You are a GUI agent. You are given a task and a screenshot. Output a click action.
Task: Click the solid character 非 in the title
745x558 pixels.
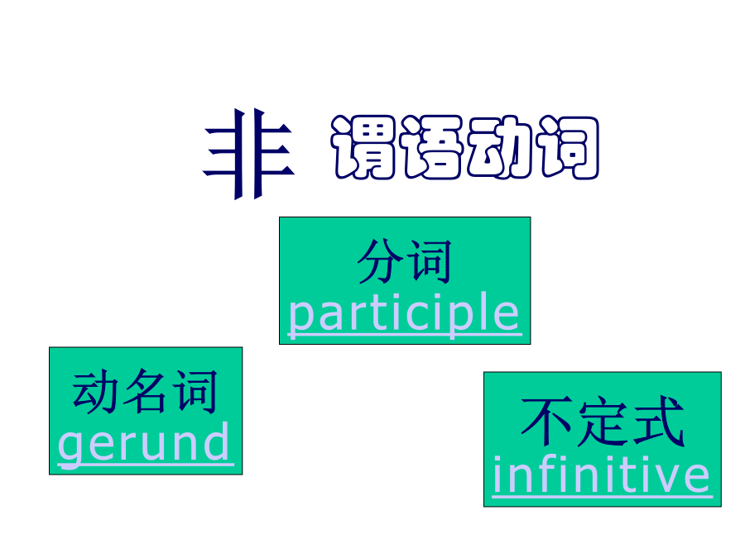[249, 154]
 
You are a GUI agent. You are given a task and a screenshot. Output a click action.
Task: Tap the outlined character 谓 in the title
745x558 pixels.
[363, 147]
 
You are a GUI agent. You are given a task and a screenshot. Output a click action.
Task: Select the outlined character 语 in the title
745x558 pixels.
[431, 147]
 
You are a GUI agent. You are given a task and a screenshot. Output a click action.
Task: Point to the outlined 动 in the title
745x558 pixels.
[499, 147]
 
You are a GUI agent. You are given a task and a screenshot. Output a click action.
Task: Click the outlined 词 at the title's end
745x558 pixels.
[567, 147]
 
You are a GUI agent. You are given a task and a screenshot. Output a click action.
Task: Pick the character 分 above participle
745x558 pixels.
[381, 261]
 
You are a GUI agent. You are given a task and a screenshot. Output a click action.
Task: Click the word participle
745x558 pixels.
[404, 314]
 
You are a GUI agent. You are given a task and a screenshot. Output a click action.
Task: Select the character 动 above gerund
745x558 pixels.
[94, 392]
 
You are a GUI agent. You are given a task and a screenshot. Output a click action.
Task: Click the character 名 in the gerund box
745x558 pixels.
[144, 392]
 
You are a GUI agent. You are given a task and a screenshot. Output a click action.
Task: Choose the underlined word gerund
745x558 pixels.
[144, 444]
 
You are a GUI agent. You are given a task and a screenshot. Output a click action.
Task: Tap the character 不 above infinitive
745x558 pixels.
[546, 422]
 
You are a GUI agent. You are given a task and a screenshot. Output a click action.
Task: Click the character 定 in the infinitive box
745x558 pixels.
[603, 422]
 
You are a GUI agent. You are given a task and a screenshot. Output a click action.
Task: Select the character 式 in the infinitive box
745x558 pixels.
[658, 422]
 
